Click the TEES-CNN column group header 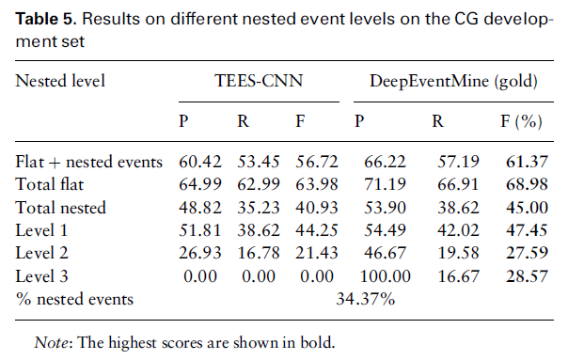click(x=259, y=81)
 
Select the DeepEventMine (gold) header click(x=453, y=81)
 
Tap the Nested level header click(x=60, y=81)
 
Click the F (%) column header click(x=521, y=121)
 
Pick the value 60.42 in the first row click(x=200, y=162)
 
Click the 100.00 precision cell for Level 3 click(x=385, y=276)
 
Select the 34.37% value click(x=366, y=299)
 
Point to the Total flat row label click(x=49, y=184)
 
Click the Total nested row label click(x=60, y=208)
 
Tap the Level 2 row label click(x=41, y=253)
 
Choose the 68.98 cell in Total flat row click(x=527, y=184)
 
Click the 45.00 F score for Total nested click(x=527, y=208)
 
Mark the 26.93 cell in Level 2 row click(x=200, y=253)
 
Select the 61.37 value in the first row click(x=527, y=162)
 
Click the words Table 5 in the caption click(x=46, y=19)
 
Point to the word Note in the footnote click(x=51, y=342)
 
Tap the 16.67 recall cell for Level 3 click(x=458, y=276)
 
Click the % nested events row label click(x=74, y=299)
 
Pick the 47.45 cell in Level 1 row click(x=527, y=230)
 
